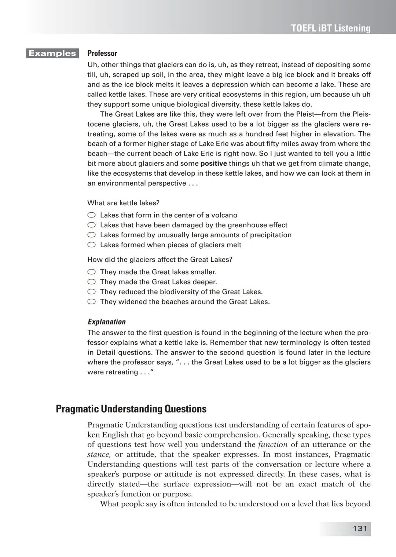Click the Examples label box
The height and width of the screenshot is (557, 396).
point(52,53)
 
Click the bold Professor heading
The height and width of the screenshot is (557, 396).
point(102,53)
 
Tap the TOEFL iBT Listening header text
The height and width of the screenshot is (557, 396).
point(331,28)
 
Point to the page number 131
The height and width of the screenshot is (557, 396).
point(359,528)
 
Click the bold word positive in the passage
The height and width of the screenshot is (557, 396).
point(213,164)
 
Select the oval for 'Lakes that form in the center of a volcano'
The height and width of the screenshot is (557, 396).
point(92,215)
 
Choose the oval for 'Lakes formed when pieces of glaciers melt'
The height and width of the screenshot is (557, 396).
point(92,245)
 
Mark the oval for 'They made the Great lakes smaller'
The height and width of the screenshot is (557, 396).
point(92,272)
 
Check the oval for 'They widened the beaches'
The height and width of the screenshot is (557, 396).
point(92,302)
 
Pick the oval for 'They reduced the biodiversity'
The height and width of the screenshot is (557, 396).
point(92,292)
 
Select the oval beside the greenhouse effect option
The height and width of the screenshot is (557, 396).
point(92,225)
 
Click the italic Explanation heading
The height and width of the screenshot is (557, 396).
point(106,322)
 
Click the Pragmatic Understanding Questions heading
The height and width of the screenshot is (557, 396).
point(131,409)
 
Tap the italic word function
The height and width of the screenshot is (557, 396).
point(272,444)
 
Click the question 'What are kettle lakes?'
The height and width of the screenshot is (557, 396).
point(123,203)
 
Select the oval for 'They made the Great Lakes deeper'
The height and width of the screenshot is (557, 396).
point(92,282)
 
